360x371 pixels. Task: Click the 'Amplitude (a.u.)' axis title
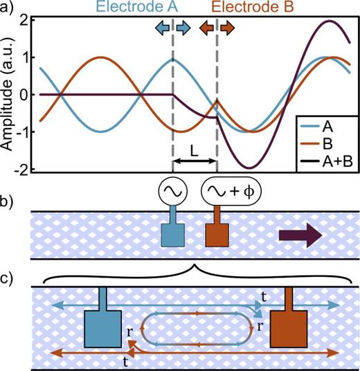8,93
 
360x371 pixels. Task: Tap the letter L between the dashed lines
195,148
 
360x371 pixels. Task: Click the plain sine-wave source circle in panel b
171,190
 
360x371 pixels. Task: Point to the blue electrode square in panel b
170,235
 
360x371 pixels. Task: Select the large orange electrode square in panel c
289,328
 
